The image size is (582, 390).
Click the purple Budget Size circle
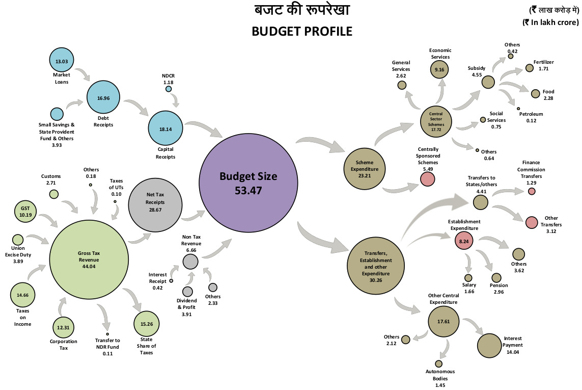click(x=248, y=183)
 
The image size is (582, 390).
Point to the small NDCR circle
click(x=169, y=89)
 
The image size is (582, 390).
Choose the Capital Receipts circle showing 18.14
click(x=165, y=129)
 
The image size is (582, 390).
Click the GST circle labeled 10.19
click(x=25, y=212)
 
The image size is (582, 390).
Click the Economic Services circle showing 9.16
click(x=440, y=69)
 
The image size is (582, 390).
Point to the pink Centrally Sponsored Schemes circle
click(x=427, y=179)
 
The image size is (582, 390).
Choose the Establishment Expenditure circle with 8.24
click(x=464, y=240)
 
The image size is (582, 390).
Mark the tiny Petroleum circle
click(x=518, y=109)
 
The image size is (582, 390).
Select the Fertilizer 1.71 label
click(x=543, y=65)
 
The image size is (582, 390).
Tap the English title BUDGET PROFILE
click(x=302, y=31)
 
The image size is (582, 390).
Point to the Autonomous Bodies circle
click(x=438, y=364)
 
